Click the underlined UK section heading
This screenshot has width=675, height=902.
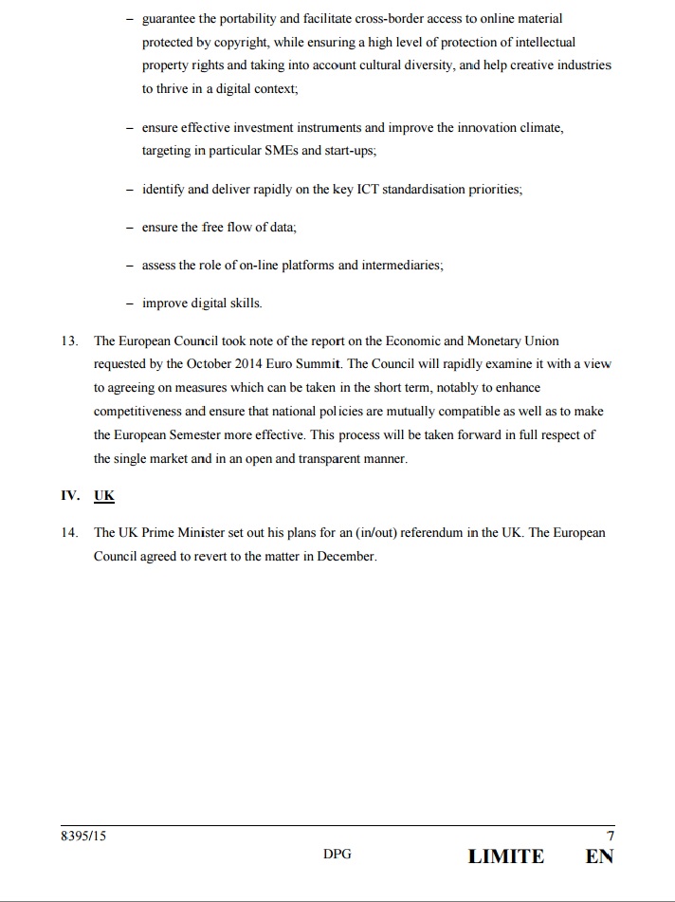103,495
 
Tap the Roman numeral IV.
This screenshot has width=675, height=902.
70,495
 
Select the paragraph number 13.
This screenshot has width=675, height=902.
70,341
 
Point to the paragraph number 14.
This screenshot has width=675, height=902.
70,533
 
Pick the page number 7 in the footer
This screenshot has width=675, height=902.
610,837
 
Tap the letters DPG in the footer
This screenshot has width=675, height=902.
337,855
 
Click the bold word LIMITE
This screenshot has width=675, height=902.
506,856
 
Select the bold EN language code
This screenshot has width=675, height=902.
599,856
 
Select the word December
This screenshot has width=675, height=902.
346,557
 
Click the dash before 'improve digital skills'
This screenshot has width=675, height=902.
129,304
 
